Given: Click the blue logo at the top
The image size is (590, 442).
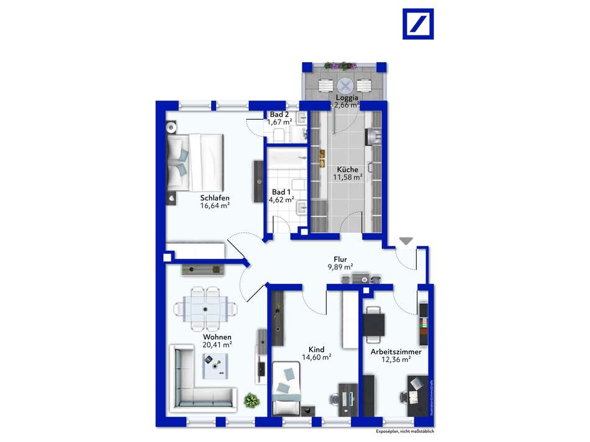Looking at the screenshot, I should pos(418,24).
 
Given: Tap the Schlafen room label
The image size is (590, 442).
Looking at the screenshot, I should pos(215,198).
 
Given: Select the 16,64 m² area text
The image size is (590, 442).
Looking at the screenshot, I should pos(215,206).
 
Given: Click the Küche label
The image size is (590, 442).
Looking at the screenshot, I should pos(347,169).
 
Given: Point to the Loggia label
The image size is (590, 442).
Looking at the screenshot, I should pos(347,97).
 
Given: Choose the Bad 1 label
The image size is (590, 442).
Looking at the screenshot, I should pos(281,192).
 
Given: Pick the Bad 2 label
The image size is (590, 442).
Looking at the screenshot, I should pos(279,115).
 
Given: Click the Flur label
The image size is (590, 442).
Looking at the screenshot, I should pos(340,259).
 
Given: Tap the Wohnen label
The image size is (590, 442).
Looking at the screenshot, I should pos(217,337).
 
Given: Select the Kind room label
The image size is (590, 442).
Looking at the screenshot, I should pos(317,350).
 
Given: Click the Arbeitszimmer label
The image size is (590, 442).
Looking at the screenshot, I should pos(396,351).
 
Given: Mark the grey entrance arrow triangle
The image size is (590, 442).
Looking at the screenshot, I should pos(406,241).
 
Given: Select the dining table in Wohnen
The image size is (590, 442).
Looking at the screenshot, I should pos(206,307).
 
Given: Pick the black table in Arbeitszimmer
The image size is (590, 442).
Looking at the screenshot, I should pos(374,323).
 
